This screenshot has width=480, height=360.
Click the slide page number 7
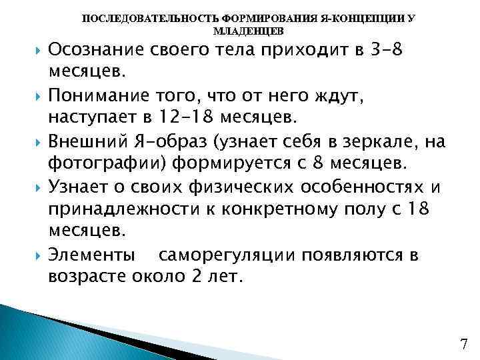(x=465, y=344)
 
